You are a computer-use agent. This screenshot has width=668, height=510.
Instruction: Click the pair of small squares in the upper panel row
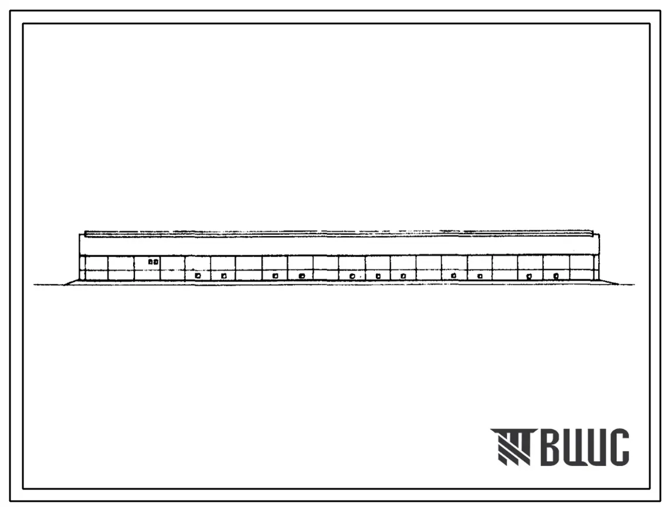click(x=154, y=262)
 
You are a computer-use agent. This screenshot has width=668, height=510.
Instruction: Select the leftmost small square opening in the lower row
click(x=198, y=276)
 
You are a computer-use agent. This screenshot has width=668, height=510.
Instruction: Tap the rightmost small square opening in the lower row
click(x=556, y=276)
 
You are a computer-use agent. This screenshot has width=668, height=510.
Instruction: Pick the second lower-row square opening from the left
click(x=223, y=276)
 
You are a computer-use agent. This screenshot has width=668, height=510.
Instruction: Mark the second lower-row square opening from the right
click(x=529, y=276)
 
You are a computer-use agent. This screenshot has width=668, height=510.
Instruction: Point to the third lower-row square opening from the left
click(x=275, y=276)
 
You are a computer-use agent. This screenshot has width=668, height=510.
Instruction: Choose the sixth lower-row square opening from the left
click(x=378, y=276)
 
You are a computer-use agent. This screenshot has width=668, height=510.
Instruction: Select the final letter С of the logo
click(x=619, y=447)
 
